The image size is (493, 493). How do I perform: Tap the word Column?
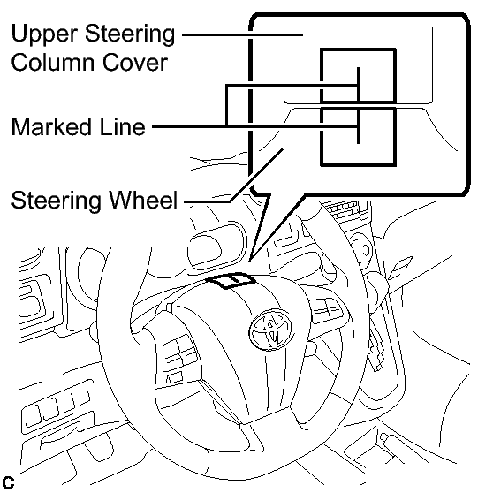[x=52, y=62]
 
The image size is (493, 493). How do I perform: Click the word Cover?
[x=134, y=62]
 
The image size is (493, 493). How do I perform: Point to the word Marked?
[x=53, y=126]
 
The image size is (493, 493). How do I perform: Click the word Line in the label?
[x=122, y=126]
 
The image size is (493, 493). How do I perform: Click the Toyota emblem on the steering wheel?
[x=270, y=330]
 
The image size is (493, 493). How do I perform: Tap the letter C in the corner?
[x=8, y=482]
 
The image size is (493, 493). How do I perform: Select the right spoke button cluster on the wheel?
[x=328, y=310]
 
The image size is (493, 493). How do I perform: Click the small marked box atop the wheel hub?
[x=231, y=280]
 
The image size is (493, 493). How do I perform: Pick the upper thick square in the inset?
[x=358, y=49]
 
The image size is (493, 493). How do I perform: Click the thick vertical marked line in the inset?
[x=359, y=105]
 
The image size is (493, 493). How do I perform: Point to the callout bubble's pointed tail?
[x=251, y=260]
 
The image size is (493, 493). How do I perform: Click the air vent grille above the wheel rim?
[x=345, y=209]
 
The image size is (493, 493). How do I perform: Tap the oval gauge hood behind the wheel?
[x=216, y=246]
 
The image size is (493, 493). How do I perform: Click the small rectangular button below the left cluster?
[x=174, y=377]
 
